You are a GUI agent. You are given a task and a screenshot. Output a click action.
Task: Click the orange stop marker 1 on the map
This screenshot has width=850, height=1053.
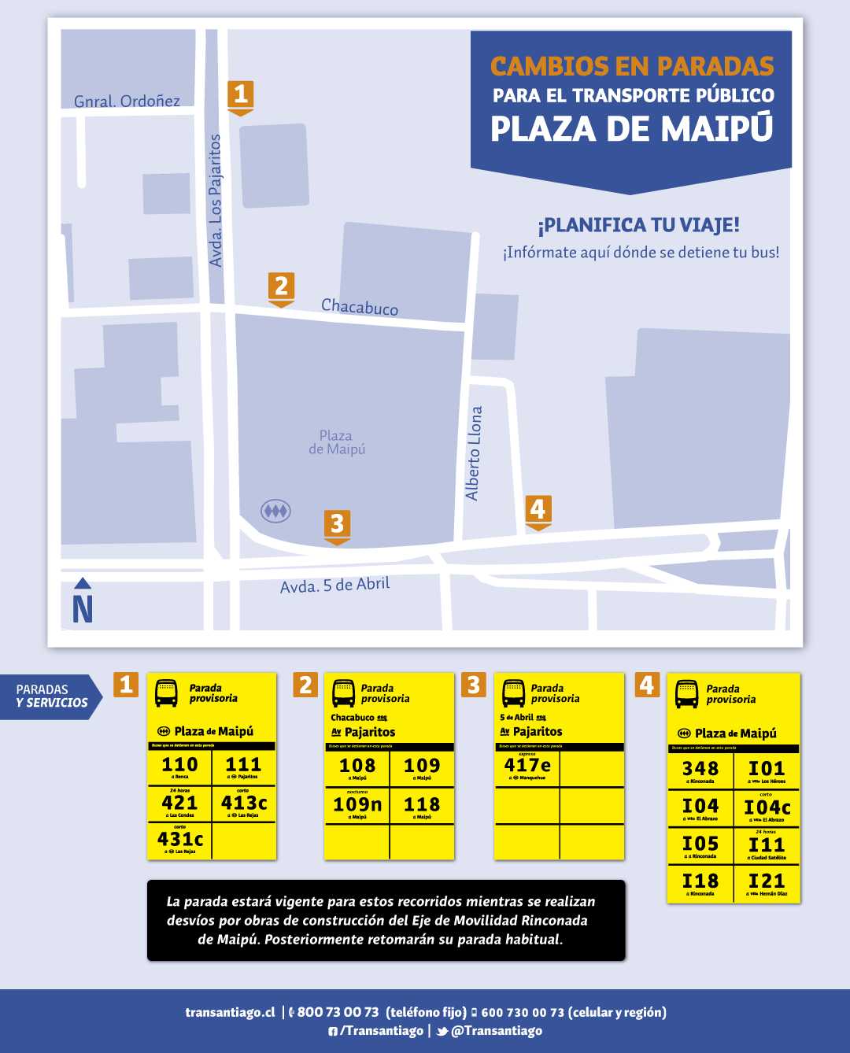tap(241, 96)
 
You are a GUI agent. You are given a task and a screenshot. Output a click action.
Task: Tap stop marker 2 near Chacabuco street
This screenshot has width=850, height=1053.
tap(281, 287)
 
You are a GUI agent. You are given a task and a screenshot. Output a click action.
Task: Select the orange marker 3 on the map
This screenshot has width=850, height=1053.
tap(337, 525)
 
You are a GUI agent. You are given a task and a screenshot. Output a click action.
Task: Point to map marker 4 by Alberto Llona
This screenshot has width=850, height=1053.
tap(538, 511)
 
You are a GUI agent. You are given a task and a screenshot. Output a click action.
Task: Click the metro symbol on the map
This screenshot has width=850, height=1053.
tap(275, 512)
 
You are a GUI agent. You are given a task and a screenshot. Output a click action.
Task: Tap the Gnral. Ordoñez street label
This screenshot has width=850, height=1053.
tap(127, 101)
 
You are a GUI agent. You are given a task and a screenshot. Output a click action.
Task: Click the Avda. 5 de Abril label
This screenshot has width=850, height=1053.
tap(334, 586)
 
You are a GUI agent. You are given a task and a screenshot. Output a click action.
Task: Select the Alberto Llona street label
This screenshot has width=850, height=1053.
tap(473, 453)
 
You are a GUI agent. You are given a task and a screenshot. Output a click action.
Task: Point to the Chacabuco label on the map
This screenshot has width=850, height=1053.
tap(360, 307)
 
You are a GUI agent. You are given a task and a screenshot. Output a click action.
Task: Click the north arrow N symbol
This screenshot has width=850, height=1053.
tap(83, 602)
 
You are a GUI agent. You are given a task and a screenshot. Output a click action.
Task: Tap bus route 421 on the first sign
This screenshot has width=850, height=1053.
tap(179, 803)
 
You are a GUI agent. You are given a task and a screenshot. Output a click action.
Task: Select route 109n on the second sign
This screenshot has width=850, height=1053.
tap(357, 804)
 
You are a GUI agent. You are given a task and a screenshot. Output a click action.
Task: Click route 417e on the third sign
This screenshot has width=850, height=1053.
tap(527, 765)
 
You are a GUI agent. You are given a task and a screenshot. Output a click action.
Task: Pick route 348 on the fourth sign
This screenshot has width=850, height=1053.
tap(700, 769)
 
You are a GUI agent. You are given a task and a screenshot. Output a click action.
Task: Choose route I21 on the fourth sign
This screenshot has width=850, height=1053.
tap(767, 881)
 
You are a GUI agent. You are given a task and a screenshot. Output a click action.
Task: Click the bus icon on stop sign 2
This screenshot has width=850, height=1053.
tap(344, 693)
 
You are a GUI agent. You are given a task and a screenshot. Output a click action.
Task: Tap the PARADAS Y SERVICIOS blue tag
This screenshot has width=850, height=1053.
tap(52, 696)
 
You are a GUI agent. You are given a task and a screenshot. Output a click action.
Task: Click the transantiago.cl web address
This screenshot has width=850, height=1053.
tap(230, 1012)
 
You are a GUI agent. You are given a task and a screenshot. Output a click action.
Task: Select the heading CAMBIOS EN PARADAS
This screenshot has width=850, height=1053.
tap(632, 66)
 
